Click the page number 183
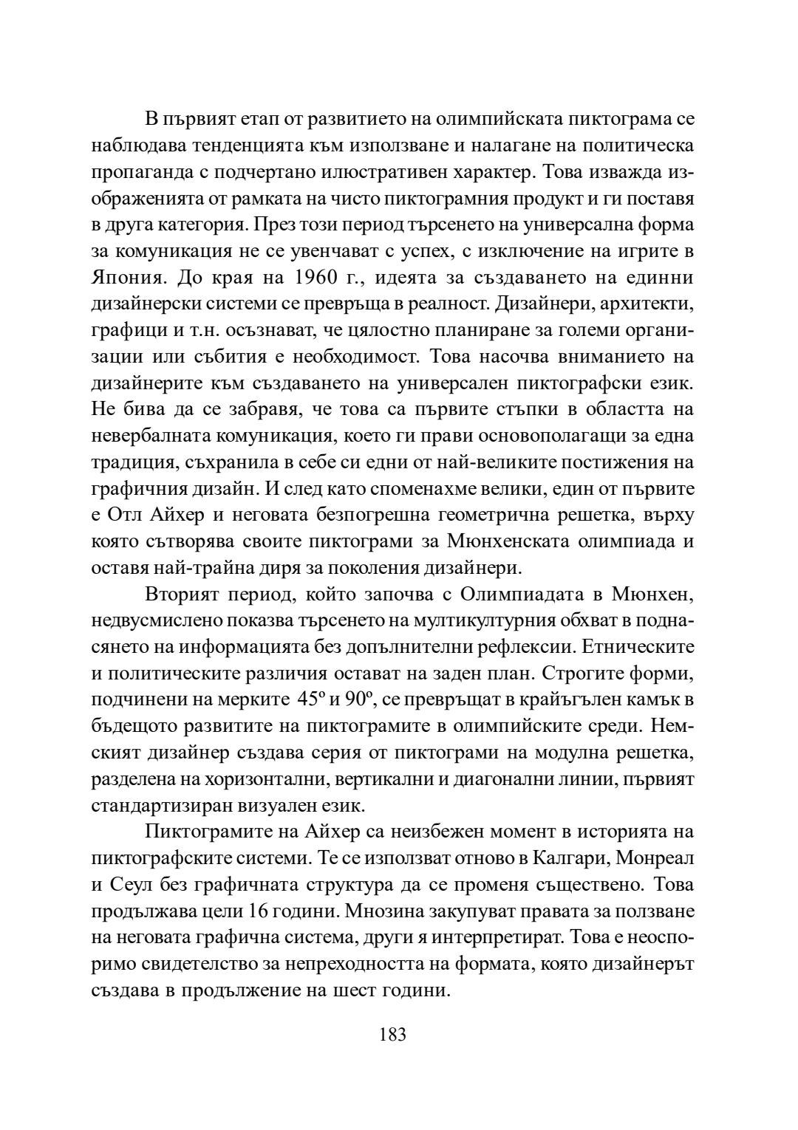click(x=392, y=1034)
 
